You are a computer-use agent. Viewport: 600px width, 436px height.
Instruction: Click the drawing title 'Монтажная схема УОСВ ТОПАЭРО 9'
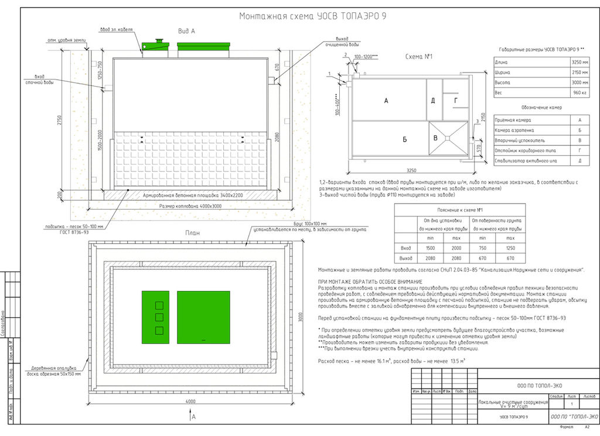tap(312, 16)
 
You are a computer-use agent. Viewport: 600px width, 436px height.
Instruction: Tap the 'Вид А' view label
tap(186, 30)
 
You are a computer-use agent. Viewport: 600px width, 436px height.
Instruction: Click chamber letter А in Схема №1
tap(386, 101)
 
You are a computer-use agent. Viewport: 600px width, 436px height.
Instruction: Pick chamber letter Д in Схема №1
tap(433, 101)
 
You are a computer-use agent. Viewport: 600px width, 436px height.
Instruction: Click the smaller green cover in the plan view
tap(155, 317)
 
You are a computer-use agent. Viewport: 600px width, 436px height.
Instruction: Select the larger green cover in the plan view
tap(203, 317)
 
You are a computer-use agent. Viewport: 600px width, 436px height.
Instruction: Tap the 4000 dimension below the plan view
tap(190, 401)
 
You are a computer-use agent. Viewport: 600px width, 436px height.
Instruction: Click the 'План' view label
tap(193, 233)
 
